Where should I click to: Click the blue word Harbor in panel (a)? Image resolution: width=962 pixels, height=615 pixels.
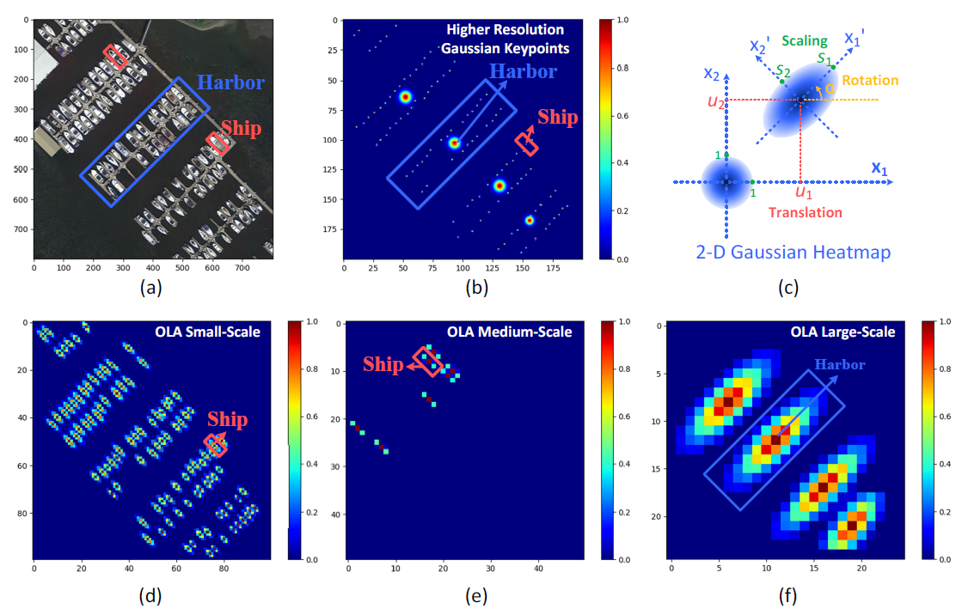[236, 83]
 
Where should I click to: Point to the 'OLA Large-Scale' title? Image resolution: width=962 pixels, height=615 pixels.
[844, 332]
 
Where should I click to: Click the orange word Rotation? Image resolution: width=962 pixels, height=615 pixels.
[870, 81]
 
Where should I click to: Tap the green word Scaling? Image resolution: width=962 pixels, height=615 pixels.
[805, 40]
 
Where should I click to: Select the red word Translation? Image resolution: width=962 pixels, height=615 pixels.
[805, 211]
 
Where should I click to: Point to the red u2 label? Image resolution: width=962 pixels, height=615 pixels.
[715, 101]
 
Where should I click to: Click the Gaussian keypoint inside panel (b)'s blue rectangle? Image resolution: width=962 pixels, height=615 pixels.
[454, 143]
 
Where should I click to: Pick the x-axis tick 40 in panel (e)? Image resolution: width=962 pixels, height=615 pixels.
[538, 568]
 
